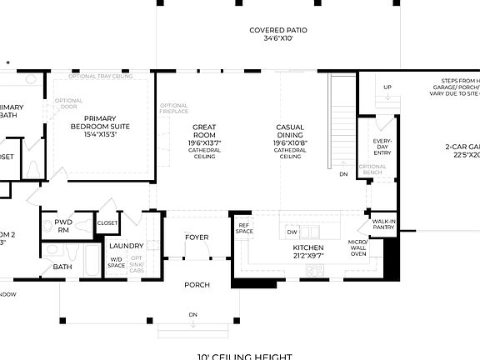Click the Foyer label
[x=197, y=237]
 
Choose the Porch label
[x=197, y=285]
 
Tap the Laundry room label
[x=126, y=246]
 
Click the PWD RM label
[x=63, y=226]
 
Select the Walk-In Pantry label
[x=383, y=223]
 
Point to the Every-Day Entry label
[x=382, y=147]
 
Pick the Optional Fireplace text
[x=174, y=109]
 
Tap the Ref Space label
[x=244, y=227]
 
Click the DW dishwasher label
[x=292, y=232]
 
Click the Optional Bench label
[x=372, y=169]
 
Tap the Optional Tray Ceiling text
[x=101, y=76]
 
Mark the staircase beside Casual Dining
[x=342, y=117]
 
